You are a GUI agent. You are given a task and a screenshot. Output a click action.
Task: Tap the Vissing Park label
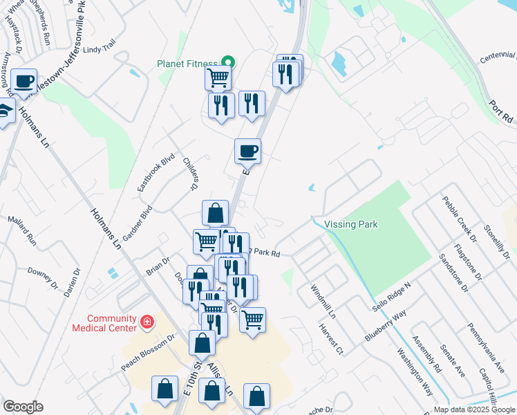(x=352, y=224)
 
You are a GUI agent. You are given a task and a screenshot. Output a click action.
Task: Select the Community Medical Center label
(x=104, y=323)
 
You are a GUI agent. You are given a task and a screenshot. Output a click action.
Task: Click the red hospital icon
(x=147, y=322)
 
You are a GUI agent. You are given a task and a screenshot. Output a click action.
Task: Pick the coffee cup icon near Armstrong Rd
(x=24, y=81)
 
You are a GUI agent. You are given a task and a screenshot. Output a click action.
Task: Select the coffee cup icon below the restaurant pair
(x=247, y=150)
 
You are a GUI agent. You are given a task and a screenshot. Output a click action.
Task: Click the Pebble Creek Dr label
(x=460, y=218)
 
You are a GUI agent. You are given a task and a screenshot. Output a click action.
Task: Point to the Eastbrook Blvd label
(x=153, y=173)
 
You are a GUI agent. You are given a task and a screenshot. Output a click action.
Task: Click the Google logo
(x=23, y=407)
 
